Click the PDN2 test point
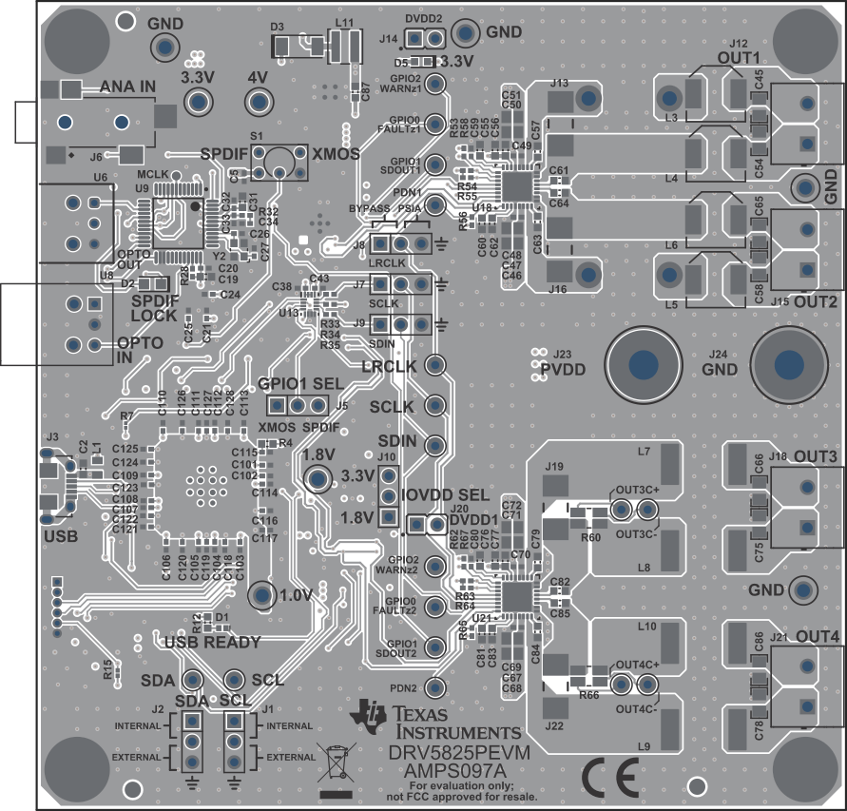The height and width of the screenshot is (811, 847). click(435, 686)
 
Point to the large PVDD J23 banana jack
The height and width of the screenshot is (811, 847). click(643, 365)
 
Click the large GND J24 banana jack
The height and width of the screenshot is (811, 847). click(787, 365)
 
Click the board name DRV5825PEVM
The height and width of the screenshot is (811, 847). click(459, 751)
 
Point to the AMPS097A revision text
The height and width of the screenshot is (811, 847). click(440, 768)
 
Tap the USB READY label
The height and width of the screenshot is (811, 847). click(212, 643)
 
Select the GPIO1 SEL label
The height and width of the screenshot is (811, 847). click(296, 384)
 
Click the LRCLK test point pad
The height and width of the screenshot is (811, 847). click(435, 366)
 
